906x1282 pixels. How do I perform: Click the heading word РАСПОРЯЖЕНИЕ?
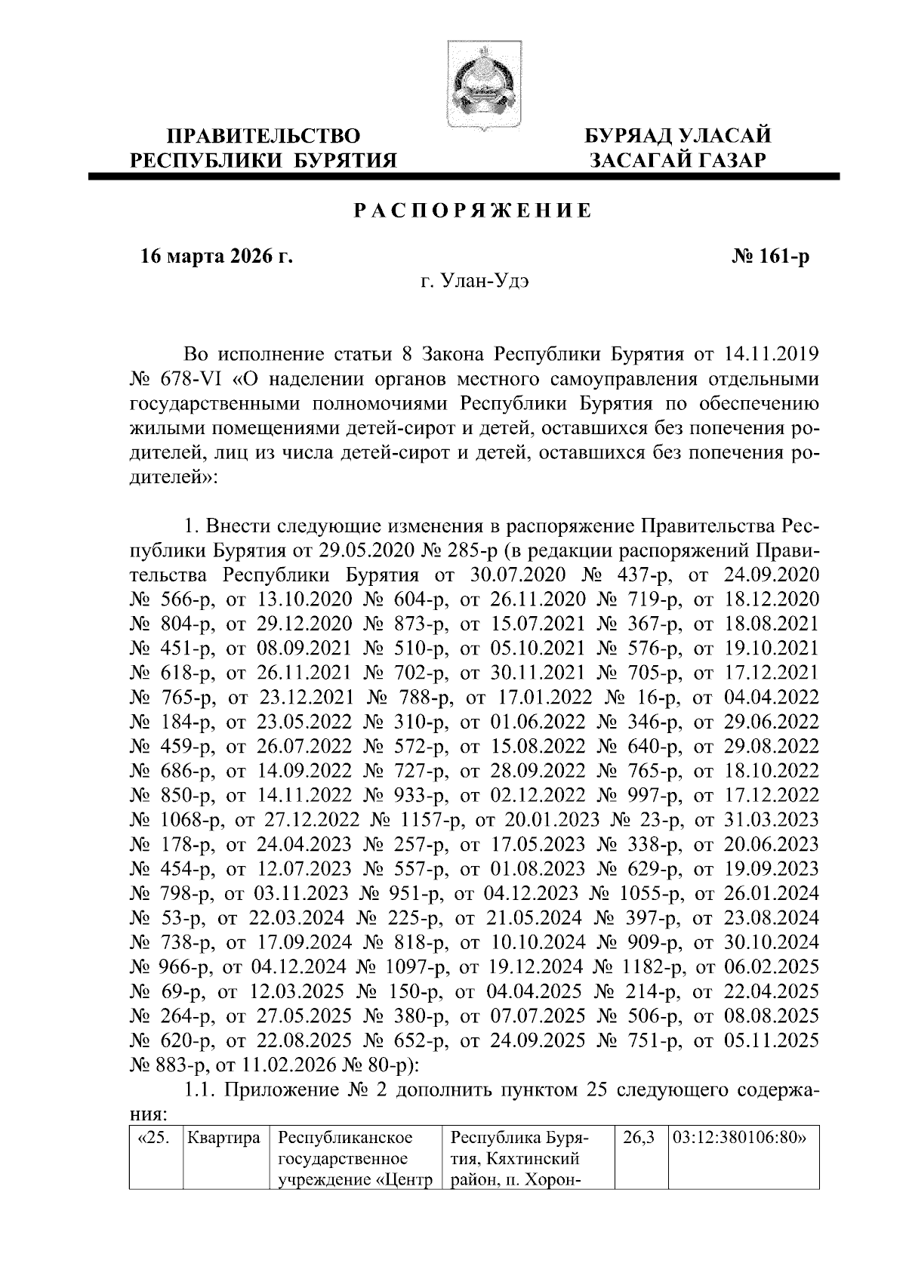coord(473,211)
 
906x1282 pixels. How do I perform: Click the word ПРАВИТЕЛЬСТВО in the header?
coord(263,137)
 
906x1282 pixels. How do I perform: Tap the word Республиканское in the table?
coord(345,1139)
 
